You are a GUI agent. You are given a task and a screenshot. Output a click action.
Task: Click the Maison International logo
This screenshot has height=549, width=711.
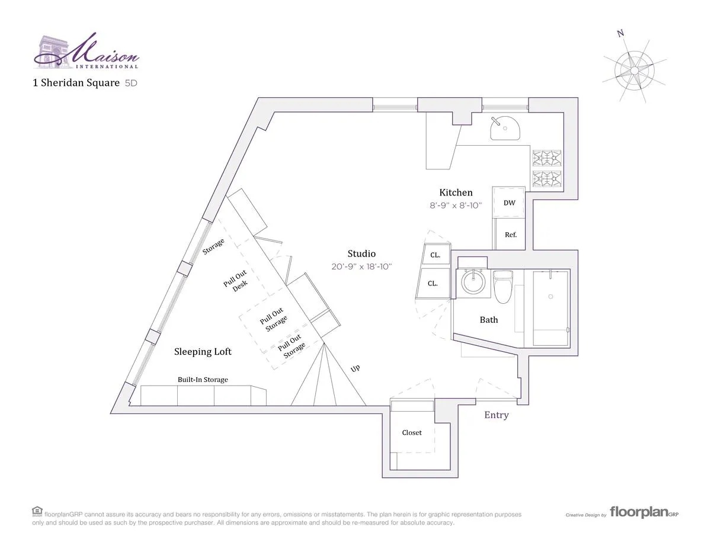[x=87, y=52]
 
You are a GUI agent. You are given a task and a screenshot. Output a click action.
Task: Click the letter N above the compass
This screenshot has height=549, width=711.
[x=620, y=33]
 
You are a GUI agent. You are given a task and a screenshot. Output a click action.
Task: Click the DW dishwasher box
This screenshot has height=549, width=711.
[x=509, y=203]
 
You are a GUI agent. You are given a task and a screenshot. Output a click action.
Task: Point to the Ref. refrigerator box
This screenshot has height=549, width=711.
[x=510, y=235]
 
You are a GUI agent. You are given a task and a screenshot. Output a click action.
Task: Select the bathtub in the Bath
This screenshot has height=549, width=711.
[x=550, y=308]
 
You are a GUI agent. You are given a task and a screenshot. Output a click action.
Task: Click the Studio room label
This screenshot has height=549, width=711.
[x=361, y=253]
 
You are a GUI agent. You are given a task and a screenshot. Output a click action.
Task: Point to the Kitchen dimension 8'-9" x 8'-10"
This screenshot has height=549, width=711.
[x=456, y=206]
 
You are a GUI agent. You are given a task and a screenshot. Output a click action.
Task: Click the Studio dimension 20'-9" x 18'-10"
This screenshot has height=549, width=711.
[x=361, y=267]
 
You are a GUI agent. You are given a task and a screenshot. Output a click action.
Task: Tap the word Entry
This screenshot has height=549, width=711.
[x=496, y=415]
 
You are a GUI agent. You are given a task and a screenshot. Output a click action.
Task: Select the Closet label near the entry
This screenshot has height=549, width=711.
[x=412, y=432]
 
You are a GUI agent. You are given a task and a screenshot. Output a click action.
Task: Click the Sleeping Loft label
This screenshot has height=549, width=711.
[x=203, y=352]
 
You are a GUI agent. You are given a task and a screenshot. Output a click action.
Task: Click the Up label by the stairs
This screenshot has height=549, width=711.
[x=355, y=368]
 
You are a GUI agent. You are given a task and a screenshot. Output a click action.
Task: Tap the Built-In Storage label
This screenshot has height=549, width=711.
[x=203, y=380]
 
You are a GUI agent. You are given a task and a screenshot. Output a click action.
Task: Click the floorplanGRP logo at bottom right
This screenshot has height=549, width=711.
[x=643, y=513]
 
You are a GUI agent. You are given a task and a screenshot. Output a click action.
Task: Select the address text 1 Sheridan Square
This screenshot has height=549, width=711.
[x=76, y=83]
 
